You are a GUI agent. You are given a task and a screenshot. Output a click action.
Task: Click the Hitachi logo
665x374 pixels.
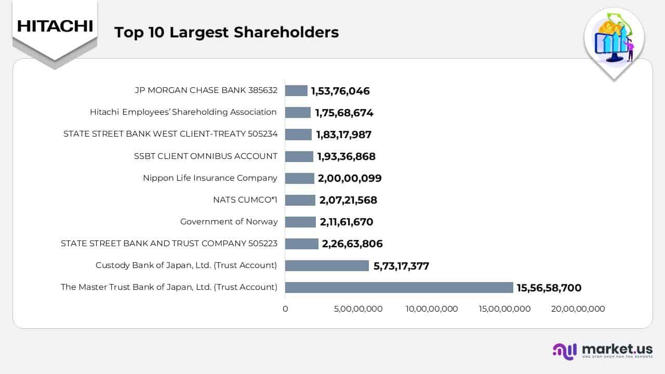click(x=55, y=26)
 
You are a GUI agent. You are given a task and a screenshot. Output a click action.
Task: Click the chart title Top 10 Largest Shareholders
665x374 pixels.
click(x=227, y=32)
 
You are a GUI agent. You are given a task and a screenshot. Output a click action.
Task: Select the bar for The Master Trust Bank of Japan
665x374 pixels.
click(x=399, y=287)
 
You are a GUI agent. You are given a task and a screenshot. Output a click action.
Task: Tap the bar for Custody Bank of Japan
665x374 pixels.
click(x=327, y=265)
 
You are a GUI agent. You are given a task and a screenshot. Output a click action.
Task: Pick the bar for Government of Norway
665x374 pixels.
click(x=300, y=222)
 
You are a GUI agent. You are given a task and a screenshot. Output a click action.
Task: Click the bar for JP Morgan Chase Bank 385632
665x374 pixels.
click(x=296, y=90)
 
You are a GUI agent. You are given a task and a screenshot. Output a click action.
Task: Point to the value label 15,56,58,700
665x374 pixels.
click(x=549, y=287)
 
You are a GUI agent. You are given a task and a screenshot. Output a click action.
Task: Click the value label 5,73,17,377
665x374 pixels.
click(x=401, y=266)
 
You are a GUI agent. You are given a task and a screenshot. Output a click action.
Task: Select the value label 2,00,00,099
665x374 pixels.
click(x=350, y=178)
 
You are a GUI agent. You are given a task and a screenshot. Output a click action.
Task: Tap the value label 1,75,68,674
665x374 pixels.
click(x=344, y=113)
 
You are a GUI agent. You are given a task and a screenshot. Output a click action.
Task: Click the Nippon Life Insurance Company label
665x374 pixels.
click(x=210, y=178)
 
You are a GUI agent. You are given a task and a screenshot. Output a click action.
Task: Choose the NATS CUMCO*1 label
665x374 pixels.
click(x=245, y=199)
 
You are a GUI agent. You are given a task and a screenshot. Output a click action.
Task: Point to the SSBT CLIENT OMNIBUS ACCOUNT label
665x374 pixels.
click(x=206, y=156)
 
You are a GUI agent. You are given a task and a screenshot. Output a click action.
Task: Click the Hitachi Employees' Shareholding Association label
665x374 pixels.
click(x=183, y=112)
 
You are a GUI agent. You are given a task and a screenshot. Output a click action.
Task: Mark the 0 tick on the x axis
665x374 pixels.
click(x=285, y=309)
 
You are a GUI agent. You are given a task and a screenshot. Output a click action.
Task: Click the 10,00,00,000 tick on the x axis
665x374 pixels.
click(x=432, y=309)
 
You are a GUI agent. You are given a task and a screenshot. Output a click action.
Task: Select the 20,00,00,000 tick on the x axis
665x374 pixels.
click(x=578, y=309)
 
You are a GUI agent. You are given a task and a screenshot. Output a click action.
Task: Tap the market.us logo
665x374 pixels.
click(x=603, y=351)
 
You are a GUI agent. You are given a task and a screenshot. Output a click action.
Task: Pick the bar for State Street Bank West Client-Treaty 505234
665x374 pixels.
click(x=298, y=135)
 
